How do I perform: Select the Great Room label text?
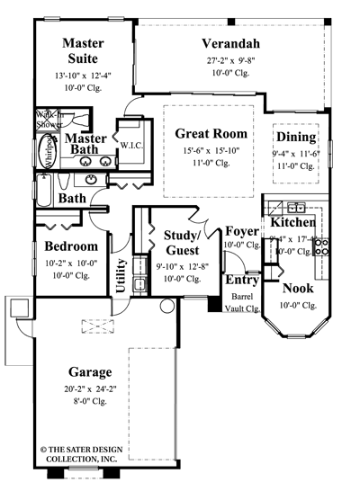coord(211,133)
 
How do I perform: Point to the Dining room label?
coord(296,138)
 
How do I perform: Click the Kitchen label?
coord(293,221)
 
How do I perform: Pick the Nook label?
coord(298,289)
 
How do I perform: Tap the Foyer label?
coord(242,231)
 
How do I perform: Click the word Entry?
coord(241,280)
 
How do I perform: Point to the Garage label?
coord(89,371)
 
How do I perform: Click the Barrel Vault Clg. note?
coord(242,301)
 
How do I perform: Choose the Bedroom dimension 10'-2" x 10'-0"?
coord(71,263)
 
